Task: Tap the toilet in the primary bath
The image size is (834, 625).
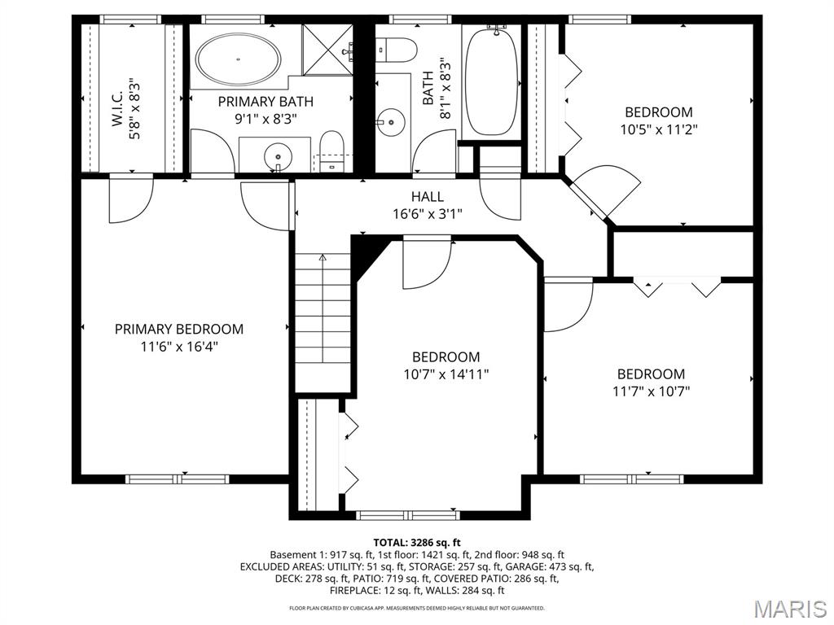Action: pos(332,151)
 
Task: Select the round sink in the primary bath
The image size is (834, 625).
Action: pos(278,156)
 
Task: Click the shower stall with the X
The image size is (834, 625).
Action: pos(327,50)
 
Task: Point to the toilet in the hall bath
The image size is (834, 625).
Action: pos(395,50)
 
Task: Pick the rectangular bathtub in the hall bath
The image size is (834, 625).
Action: pos(491,81)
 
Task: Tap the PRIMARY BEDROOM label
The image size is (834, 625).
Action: pos(179,329)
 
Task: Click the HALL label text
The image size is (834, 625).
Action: pos(427,197)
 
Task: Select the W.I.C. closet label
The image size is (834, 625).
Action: pos(117,108)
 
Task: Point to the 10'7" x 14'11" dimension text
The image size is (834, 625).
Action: pos(446,374)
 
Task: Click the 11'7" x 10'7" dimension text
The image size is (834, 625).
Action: pos(651,391)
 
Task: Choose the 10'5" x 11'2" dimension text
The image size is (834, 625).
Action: pos(658,129)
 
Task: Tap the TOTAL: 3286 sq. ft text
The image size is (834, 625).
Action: pos(416,543)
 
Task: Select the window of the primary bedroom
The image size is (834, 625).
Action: pos(178,479)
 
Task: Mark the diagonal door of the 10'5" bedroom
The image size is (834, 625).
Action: pos(588,199)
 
